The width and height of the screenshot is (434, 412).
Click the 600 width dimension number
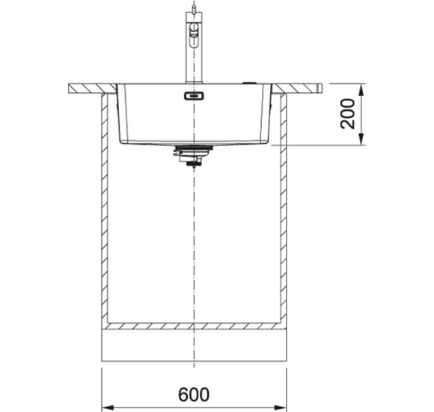194,394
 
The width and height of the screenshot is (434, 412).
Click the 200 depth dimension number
347,114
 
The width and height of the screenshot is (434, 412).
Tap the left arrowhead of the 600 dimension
108,408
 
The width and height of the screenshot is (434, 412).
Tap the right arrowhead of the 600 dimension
281,408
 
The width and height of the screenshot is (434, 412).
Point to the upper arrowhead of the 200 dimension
361,89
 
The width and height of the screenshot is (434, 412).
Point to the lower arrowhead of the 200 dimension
361,139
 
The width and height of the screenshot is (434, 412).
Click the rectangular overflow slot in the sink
194,96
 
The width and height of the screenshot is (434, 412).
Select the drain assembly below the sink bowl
194,156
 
